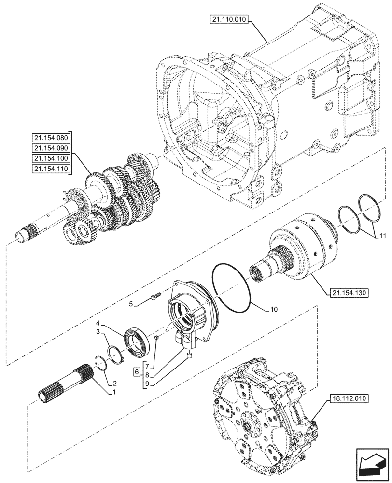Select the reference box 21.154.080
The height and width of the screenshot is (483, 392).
click(x=50, y=136)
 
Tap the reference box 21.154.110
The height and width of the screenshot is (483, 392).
click(x=50, y=169)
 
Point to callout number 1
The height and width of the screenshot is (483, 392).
click(x=114, y=392)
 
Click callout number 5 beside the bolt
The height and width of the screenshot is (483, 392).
click(x=130, y=304)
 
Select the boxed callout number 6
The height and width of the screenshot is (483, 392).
click(x=138, y=373)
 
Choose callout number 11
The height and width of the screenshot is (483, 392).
click(x=382, y=236)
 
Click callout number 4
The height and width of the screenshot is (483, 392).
click(x=98, y=323)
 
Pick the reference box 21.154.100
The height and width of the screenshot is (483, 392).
click(x=50, y=158)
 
